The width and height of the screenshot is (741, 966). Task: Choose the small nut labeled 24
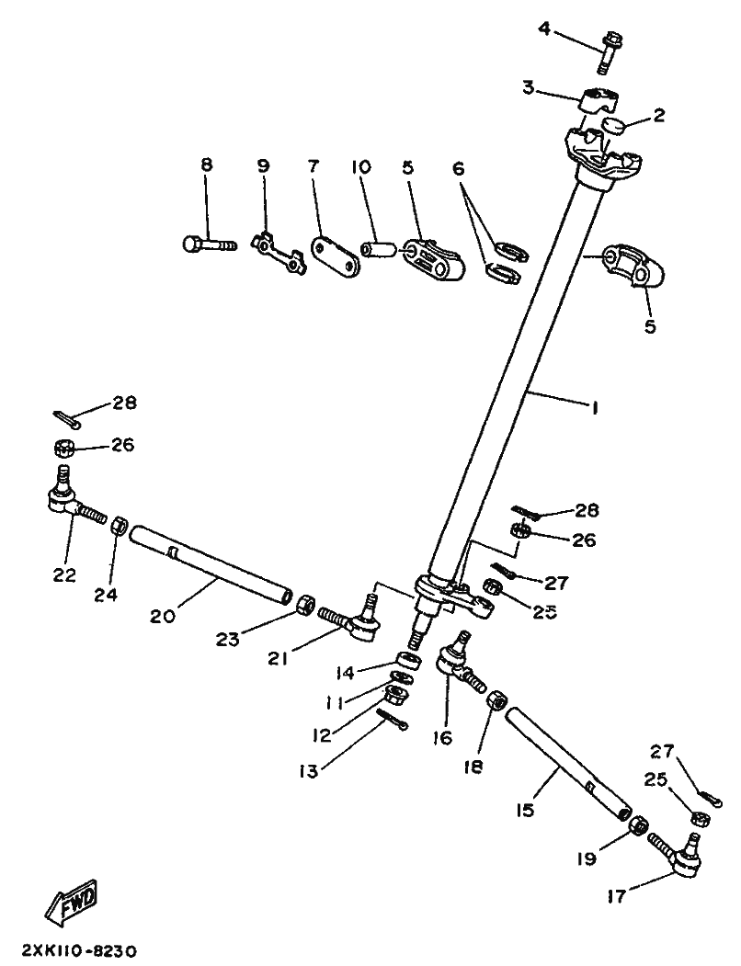point(118,527)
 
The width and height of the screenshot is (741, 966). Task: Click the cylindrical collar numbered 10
point(379,249)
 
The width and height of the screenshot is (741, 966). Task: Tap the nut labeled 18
point(493,700)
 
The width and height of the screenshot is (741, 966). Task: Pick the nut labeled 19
point(635,826)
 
